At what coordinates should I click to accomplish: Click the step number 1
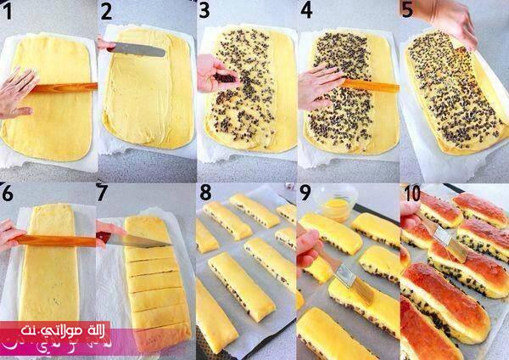(x=7, y=12)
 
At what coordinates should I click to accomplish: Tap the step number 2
(x=107, y=13)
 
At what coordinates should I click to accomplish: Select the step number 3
(x=204, y=10)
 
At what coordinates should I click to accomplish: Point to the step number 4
(x=306, y=10)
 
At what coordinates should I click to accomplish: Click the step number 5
(x=407, y=9)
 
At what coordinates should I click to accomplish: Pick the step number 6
(x=7, y=194)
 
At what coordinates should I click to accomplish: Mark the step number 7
(x=102, y=193)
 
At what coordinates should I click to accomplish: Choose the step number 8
(x=205, y=193)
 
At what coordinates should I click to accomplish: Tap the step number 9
(x=305, y=194)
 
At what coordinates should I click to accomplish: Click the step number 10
(x=412, y=194)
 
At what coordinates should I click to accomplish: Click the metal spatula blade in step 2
(x=137, y=50)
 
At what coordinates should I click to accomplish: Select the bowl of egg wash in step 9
(x=337, y=202)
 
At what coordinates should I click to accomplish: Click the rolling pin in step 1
(x=64, y=87)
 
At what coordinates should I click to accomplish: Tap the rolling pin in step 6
(x=55, y=241)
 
